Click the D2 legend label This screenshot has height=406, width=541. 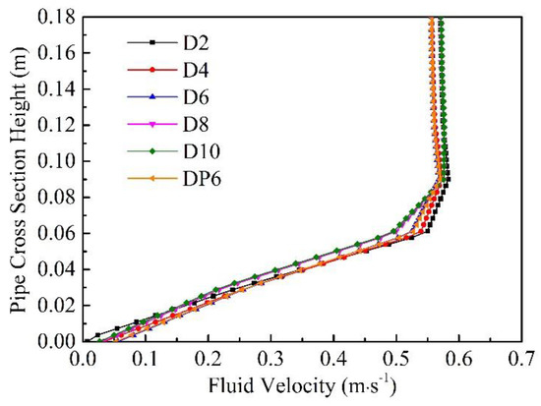point(192,42)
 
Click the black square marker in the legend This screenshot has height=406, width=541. point(150,42)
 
